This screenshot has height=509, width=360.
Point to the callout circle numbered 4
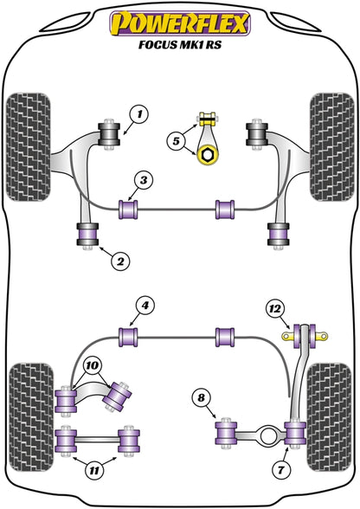(x=146, y=305)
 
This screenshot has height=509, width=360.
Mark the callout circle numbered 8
(x=202, y=399)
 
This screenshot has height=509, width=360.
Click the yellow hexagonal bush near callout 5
(x=209, y=155)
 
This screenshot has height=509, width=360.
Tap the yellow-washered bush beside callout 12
(x=304, y=334)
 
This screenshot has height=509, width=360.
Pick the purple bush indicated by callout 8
(x=229, y=429)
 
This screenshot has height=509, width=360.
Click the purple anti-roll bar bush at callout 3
(x=130, y=209)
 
